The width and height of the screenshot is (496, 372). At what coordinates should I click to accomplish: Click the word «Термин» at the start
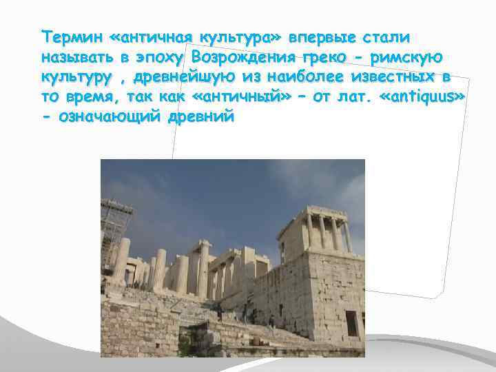click(65, 35)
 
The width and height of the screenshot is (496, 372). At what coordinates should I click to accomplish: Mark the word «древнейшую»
click(172, 76)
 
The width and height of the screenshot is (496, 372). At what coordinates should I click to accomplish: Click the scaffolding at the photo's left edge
click(116, 231)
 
